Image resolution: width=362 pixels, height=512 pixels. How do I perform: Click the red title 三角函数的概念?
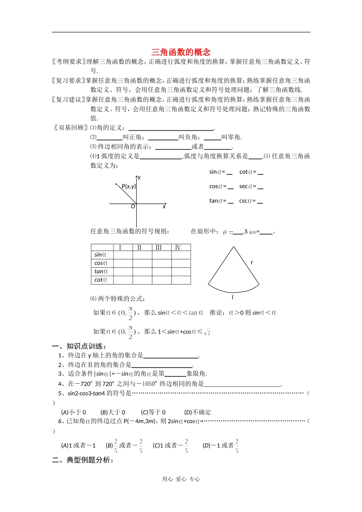pyautogui.click(x=181, y=52)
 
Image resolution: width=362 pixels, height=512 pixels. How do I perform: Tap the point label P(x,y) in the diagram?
pyautogui.click(x=128, y=186)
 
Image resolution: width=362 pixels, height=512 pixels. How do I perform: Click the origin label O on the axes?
pyautogui.click(x=133, y=206)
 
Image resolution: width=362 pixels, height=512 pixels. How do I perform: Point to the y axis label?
pyautogui.click(x=139, y=177)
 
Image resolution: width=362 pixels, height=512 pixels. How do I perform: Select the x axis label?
pyautogui.click(x=164, y=206)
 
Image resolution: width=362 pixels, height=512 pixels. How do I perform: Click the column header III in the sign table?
pyautogui.click(x=159, y=248)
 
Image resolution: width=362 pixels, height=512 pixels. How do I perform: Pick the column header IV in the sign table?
pyautogui.click(x=178, y=248)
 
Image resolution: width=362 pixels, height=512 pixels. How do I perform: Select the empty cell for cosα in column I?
pyautogui.click(x=123, y=263)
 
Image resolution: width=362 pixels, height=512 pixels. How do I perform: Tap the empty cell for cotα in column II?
pyautogui.click(x=143, y=280)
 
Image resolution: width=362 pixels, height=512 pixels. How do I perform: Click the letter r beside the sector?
pyautogui.click(x=252, y=262)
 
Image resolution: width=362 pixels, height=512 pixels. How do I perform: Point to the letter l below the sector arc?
pyautogui.click(x=232, y=297)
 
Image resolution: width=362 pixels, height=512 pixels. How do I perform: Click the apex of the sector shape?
pyautogui.click(x=234, y=247)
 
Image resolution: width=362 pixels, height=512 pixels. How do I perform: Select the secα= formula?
pyautogui.click(x=251, y=187)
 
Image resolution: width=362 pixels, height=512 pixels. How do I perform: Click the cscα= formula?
pyautogui.click(x=251, y=201)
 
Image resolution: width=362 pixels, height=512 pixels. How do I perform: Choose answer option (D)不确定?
pyautogui.click(x=197, y=412)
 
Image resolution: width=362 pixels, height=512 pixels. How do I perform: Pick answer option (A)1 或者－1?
pyautogui.click(x=78, y=445)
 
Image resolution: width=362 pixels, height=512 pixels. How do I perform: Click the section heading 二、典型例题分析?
pyautogui.click(x=83, y=460)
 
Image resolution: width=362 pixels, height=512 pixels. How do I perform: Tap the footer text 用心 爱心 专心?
pyautogui.click(x=181, y=479)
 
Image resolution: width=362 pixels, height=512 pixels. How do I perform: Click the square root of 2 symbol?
pyautogui.click(x=207, y=332)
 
